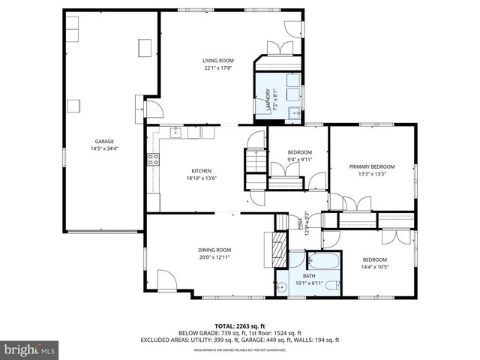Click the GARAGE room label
click(104, 141)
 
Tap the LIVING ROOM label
click(218, 60)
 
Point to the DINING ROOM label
click(214, 250)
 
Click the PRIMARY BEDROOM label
click(371, 166)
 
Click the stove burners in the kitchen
click(153, 159)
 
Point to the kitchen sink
click(178, 133)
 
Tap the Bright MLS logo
click(30, 349)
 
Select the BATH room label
click(309, 276)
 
